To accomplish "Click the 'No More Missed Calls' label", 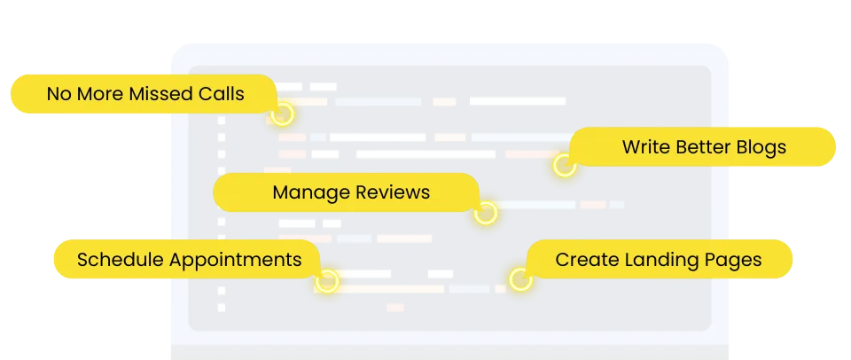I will pos(145,93).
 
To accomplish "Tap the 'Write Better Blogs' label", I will pos(704,146).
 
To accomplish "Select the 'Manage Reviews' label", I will pos(350,192).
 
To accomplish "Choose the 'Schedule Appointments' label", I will pos(189,260).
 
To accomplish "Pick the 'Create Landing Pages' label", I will pos(658,260).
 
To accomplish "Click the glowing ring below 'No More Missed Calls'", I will pos(282,114).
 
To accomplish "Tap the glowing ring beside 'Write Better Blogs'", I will pos(564,165).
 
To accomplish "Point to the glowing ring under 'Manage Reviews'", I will pos(485,213).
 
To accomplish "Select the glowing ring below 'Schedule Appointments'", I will pos(327,282).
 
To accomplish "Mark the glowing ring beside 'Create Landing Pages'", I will pos(520,281).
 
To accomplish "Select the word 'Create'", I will pos(582,260).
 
